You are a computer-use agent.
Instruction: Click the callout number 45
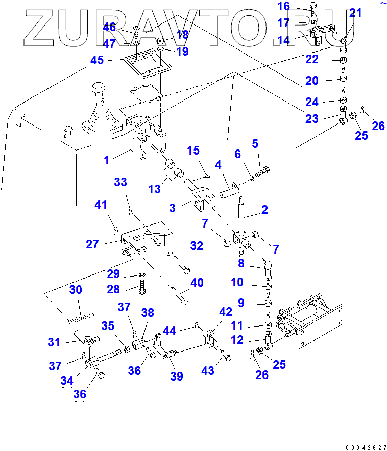[x=96, y=60]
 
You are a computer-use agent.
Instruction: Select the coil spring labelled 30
[x=82, y=317]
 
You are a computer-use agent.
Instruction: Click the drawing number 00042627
[x=365, y=447]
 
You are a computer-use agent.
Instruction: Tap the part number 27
[x=92, y=244]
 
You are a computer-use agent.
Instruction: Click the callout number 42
[x=226, y=312]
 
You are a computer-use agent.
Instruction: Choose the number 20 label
[x=312, y=81]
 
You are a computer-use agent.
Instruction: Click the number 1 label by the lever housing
[x=106, y=160]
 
